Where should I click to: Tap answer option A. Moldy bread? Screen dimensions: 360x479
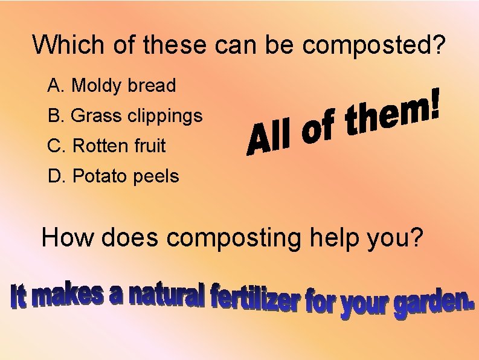[112, 86]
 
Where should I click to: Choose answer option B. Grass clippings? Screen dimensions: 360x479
[125, 115]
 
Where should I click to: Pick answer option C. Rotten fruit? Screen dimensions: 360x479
[106, 146]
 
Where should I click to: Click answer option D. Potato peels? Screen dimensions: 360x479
[114, 176]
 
